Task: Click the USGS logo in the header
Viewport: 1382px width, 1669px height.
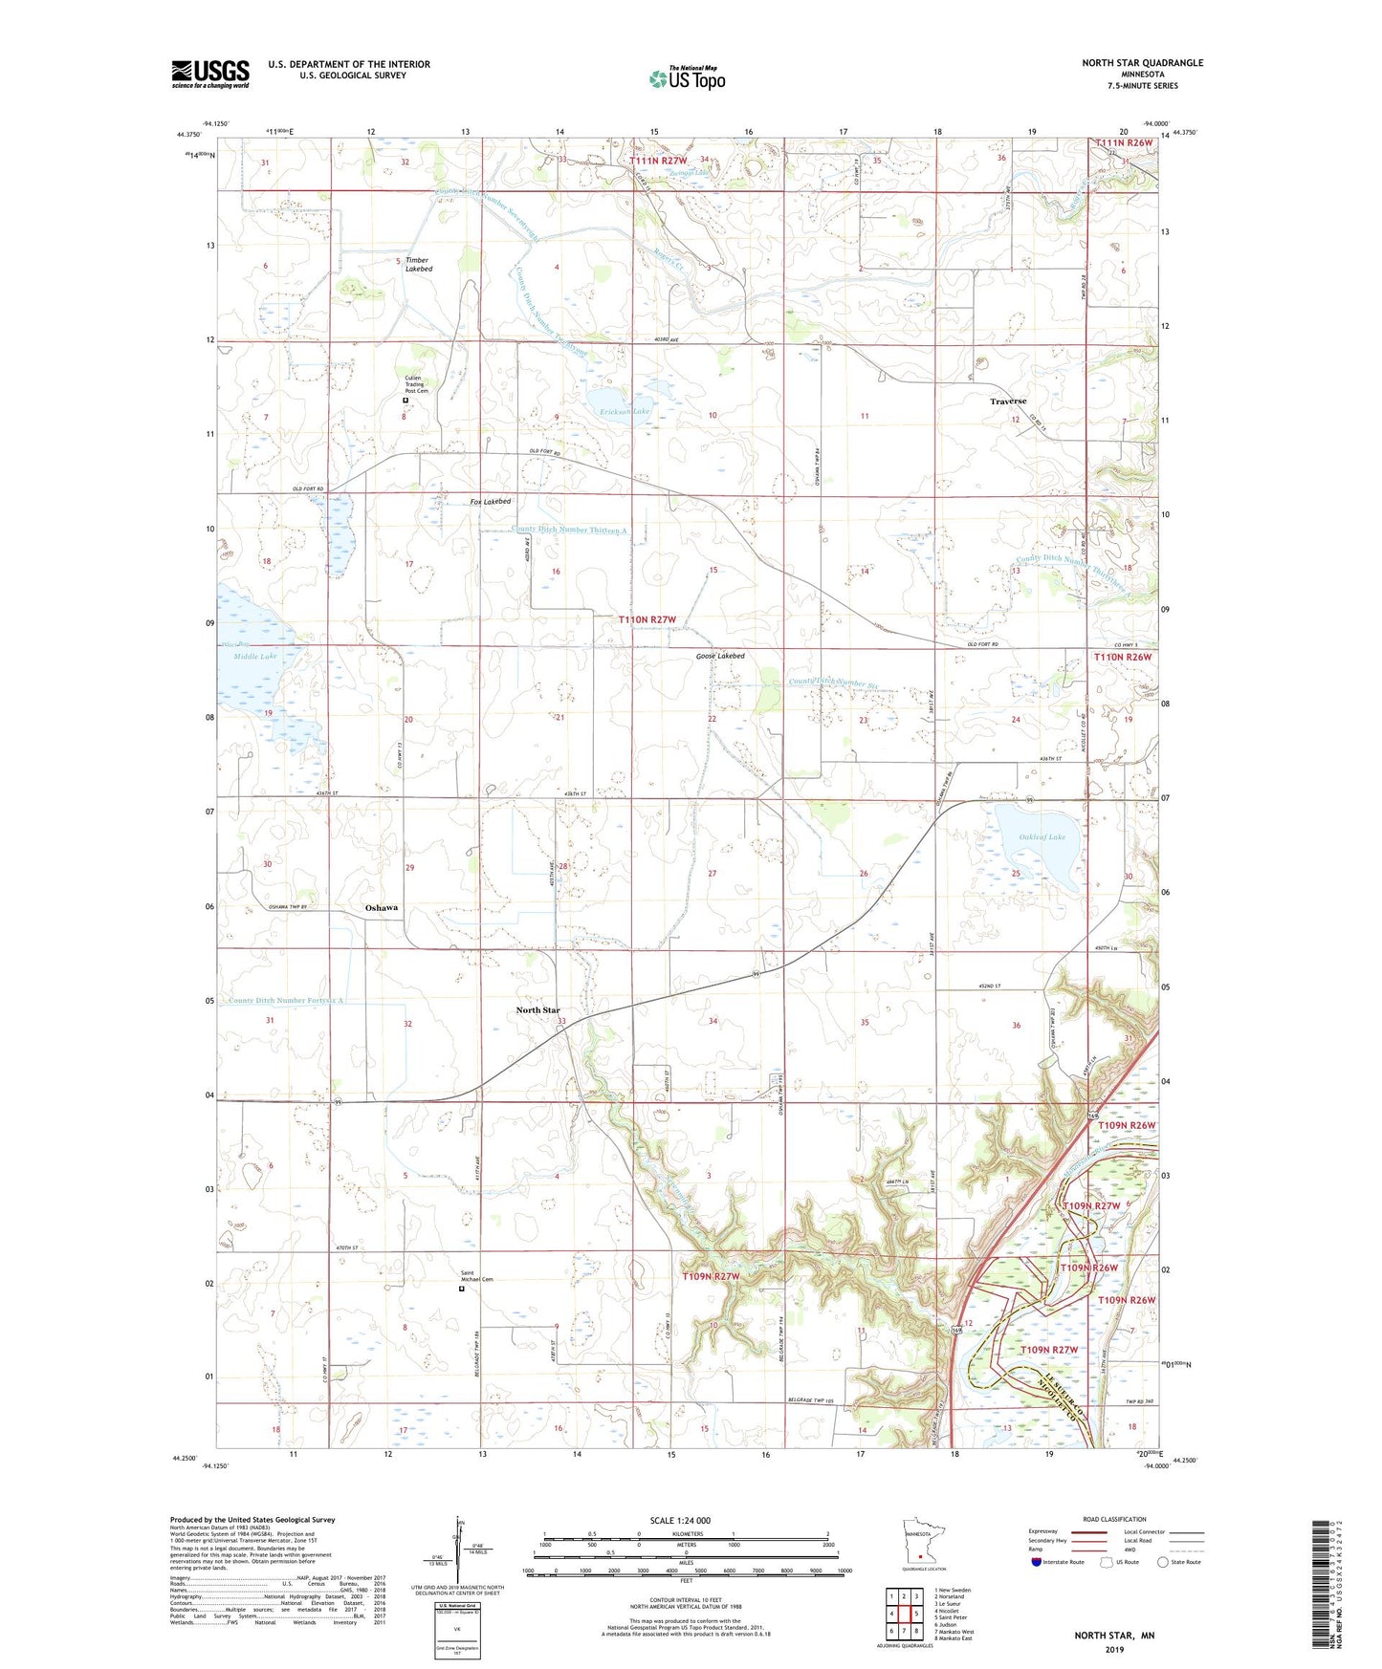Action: tap(210, 74)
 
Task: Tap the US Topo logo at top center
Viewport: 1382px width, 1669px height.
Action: tap(687, 77)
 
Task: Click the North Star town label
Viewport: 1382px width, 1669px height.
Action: tap(537, 1010)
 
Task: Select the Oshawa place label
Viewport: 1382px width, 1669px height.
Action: tap(382, 907)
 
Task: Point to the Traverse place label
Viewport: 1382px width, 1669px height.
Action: tap(1008, 401)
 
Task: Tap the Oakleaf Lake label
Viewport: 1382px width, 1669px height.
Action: tap(1042, 837)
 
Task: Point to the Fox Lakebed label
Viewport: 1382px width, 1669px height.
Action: tap(491, 501)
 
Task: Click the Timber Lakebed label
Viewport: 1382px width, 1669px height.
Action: tap(418, 265)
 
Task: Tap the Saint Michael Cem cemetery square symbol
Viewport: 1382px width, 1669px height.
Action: tap(462, 1289)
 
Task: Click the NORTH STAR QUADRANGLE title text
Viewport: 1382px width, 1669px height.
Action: tap(1142, 63)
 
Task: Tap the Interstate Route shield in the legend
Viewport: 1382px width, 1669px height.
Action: tap(1037, 1562)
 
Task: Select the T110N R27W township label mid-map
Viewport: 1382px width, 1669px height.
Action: tap(647, 620)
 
